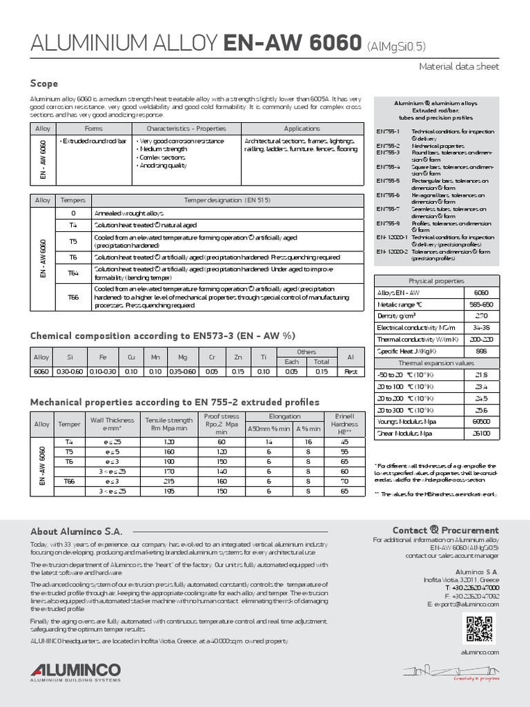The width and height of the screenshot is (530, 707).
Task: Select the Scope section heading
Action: [43, 83]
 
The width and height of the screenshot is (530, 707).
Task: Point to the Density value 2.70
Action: [482, 315]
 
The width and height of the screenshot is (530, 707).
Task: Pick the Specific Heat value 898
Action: [482, 351]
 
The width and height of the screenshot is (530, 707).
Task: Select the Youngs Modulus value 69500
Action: [482, 421]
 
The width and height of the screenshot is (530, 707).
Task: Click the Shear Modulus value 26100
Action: [482, 433]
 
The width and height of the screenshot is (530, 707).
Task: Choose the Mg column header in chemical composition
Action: [182, 357]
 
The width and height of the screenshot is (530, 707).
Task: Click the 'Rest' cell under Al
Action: [351, 371]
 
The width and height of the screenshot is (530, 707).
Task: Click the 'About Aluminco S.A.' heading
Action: [76, 532]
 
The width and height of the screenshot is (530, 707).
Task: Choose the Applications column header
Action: [302, 128]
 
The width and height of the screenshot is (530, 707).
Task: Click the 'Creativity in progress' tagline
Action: [475, 679]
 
